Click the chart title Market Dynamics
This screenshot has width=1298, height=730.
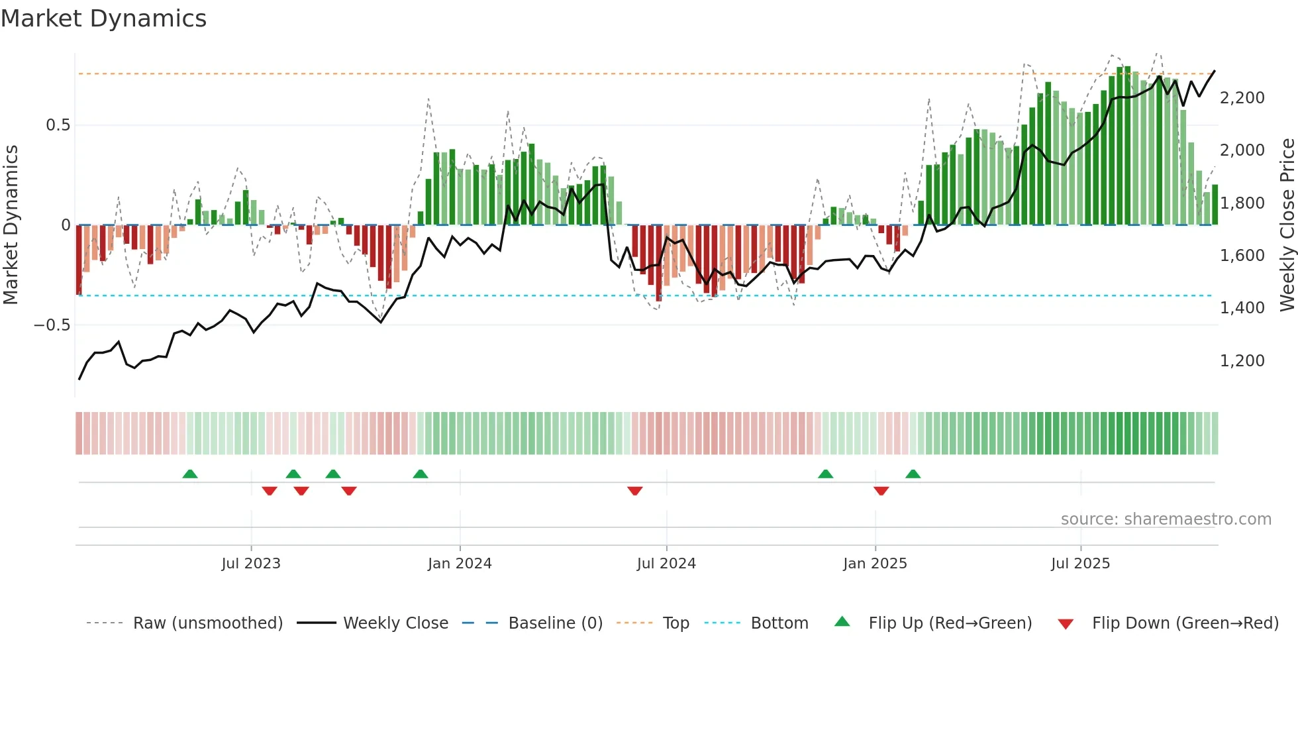pos(104,19)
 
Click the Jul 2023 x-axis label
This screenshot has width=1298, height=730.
pos(251,564)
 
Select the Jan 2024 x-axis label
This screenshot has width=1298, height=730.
pos(460,564)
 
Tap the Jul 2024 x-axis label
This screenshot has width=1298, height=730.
pos(666,564)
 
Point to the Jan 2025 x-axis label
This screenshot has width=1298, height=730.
pos(875,564)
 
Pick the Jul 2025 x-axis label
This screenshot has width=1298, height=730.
pos(1080,564)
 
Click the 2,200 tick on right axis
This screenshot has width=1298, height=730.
pos(1242,98)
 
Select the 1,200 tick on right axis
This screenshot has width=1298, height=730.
pos(1242,361)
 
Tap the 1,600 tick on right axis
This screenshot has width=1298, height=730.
pos(1242,256)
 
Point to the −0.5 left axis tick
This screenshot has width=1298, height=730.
pos(52,325)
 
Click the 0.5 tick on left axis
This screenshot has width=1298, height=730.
pos(58,125)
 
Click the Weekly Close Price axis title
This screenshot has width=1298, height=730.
pos(1287,225)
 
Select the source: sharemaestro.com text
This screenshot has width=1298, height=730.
pos(1166,519)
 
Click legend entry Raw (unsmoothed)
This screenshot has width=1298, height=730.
pos(207,623)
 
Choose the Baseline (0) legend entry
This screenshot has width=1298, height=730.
pos(555,623)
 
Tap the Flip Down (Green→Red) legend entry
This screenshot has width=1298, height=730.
pos(1185,623)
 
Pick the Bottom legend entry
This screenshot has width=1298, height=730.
pos(779,623)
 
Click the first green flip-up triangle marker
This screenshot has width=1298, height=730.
pos(190,474)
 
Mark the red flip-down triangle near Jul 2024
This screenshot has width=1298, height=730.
pos(634,491)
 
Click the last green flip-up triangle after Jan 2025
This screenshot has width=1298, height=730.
pos(913,474)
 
